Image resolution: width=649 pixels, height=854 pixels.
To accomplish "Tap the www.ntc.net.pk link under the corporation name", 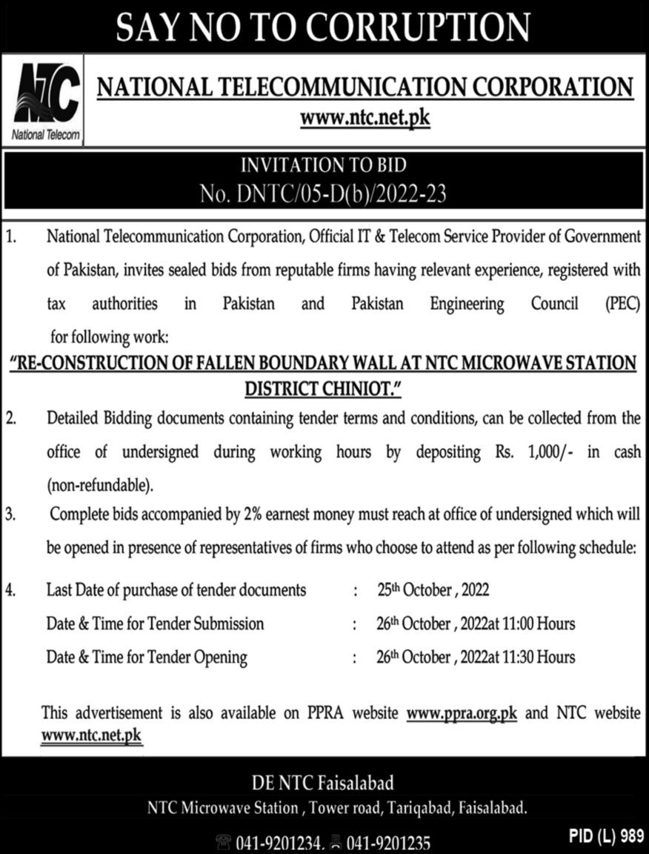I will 365,117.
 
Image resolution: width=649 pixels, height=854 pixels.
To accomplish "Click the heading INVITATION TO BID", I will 324,165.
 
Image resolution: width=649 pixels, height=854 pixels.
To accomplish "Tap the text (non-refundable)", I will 101,486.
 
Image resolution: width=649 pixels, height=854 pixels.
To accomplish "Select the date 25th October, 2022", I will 432,591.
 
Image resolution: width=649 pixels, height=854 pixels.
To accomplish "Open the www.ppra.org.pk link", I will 462,713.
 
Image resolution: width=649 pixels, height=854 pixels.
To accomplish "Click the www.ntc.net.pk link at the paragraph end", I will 91,735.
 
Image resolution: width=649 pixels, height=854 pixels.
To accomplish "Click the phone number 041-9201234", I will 279,843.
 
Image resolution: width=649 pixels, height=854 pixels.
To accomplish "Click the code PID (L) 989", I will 606,835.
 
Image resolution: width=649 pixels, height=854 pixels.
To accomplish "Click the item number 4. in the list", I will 10,591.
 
